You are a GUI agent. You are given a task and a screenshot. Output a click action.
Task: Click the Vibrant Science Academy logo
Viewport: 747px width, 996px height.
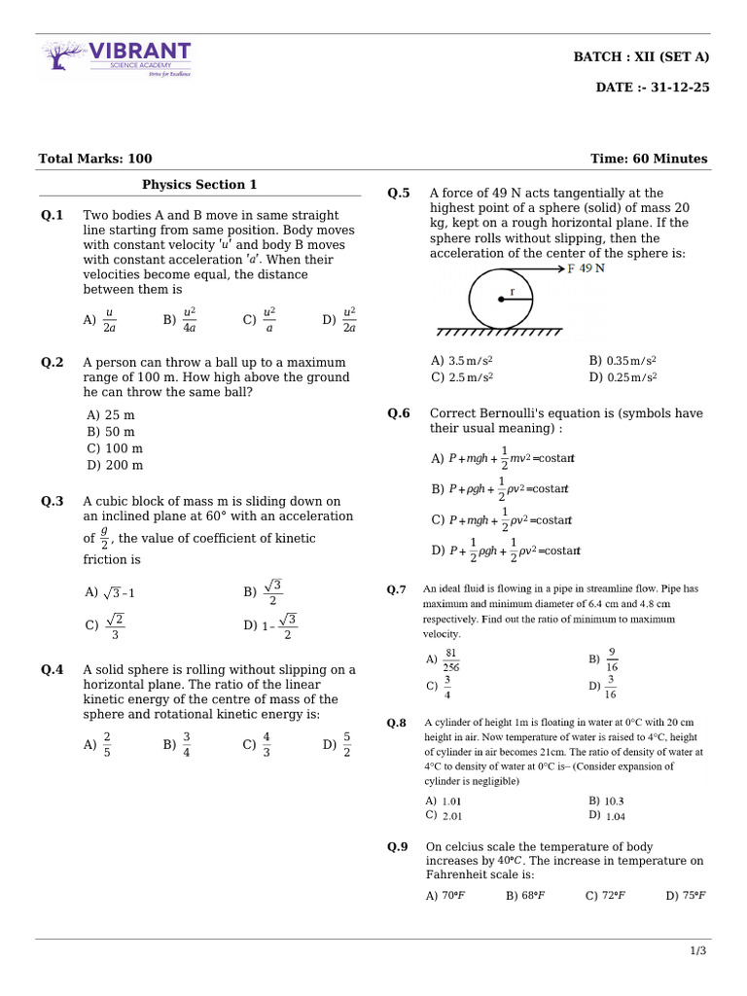point(117,58)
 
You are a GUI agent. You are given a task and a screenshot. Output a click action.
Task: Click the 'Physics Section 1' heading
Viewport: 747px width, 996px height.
point(199,185)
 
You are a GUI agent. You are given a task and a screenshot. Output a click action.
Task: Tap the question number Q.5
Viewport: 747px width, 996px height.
point(399,194)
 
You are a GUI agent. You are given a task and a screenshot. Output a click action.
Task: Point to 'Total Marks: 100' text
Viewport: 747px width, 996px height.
point(95,159)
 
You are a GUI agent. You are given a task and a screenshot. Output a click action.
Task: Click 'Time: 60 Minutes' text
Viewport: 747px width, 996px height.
point(649,159)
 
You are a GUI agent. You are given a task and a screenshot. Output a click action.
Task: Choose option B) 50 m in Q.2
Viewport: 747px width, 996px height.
point(111,432)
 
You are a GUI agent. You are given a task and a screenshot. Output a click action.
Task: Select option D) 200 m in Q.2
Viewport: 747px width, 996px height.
point(115,465)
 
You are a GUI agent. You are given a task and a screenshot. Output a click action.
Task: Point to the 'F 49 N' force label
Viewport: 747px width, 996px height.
point(586,268)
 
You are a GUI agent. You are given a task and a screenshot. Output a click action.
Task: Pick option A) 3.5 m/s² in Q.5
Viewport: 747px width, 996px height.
point(462,360)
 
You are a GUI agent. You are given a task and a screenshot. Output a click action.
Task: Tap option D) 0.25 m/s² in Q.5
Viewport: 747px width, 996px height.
point(622,377)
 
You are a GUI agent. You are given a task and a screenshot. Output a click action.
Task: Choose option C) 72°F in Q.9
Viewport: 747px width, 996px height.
point(605,896)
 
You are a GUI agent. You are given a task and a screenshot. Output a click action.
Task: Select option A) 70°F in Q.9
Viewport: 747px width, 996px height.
point(445,896)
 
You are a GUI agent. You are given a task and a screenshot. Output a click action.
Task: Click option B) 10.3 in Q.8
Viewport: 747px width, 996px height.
point(606,801)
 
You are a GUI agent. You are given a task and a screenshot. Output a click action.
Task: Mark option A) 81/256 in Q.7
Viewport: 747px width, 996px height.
point(444,659)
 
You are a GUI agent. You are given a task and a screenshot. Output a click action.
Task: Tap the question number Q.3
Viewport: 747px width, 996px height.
point(53,502)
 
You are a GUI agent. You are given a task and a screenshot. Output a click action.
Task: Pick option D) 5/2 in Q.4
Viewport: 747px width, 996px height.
point(339,745)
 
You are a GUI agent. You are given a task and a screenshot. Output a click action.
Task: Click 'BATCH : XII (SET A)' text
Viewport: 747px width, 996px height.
point(641,57)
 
